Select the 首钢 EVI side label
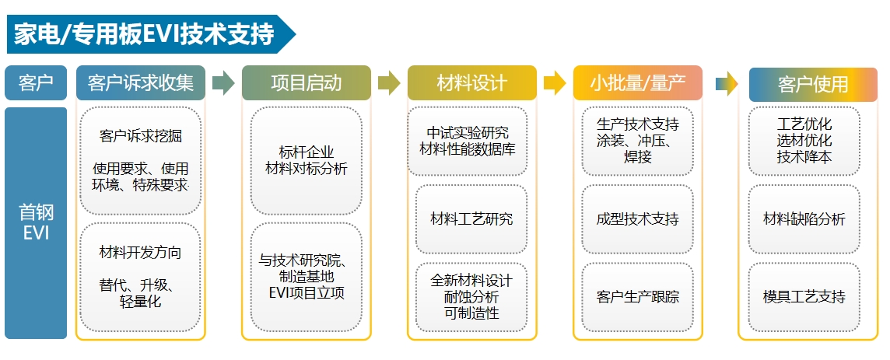(35, 222)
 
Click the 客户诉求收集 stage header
(141, 83)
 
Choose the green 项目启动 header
(306, 83)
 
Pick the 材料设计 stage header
(471, 83)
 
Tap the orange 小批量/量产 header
(637, 83)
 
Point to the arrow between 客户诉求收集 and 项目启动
(223, 83)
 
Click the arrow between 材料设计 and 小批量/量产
(555, 83)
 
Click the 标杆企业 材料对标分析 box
(306, 160)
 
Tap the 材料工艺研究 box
(471, 219)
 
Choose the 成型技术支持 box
(637, 219)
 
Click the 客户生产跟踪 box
(637, 296)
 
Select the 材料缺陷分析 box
(804, 219)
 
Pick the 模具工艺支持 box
(804, 296)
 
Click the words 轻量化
(141, 302)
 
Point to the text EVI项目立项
(306, 292)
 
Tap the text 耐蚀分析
(471, 297)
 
